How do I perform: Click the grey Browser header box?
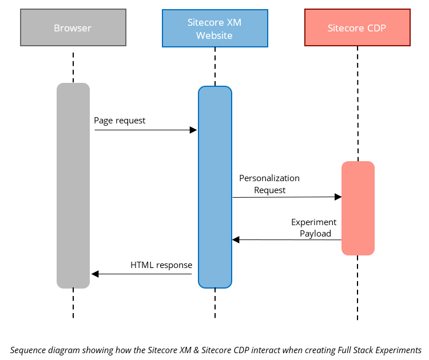73,27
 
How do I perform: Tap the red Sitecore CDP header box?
357,27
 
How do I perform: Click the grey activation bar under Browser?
73,186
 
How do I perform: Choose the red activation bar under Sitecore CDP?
358,208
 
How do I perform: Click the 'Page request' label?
120,121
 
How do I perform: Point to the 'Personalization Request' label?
269,184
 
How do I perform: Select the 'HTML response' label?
161,265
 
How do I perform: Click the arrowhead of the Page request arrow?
193,130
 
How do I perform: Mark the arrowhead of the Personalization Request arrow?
337,197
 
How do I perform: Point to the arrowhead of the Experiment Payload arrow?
236,240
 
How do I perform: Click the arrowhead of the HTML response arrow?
95,274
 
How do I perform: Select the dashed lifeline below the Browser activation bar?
73,303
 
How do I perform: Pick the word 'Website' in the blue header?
214,35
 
